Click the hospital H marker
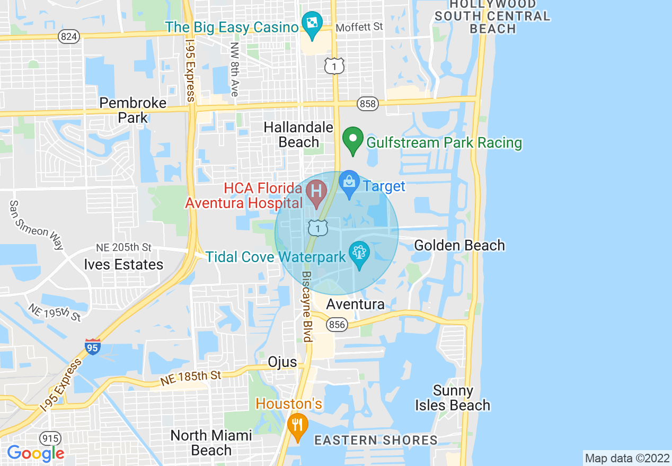317,192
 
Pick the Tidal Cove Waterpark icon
360,254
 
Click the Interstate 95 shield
92,347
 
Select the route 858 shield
368,104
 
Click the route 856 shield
337,324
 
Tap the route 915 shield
50,438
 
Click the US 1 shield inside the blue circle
317,228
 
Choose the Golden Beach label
459,246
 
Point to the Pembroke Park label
133,110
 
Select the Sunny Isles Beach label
453,398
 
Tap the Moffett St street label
359,26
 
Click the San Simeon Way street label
37,225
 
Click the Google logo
36,453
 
